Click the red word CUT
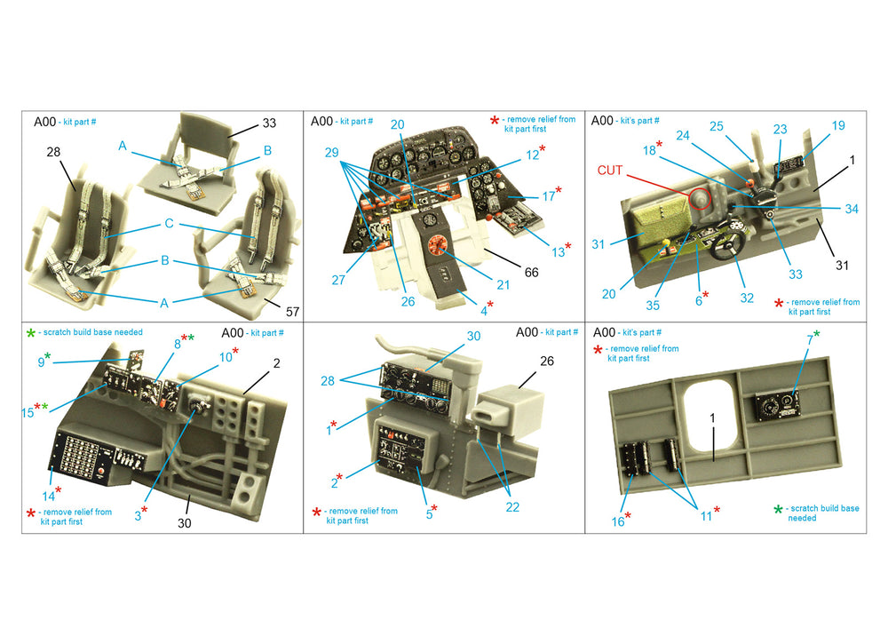pos(610,170)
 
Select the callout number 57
pos(292,312)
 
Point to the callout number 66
pos(531,273)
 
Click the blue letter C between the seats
pos(169,223)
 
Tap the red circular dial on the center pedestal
pos(438,245)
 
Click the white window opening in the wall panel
pos(710,417)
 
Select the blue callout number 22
pos(512,507)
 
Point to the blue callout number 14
pos(48,497)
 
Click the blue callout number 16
pos(617,521)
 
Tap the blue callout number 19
pos(837,125)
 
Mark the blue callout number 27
pos(338,280)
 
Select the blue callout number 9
pos(41,362)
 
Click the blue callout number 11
pos(706,516)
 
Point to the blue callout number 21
pos(503,285)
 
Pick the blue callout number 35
pos(653,306)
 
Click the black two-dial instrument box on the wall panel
pos(779,407)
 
